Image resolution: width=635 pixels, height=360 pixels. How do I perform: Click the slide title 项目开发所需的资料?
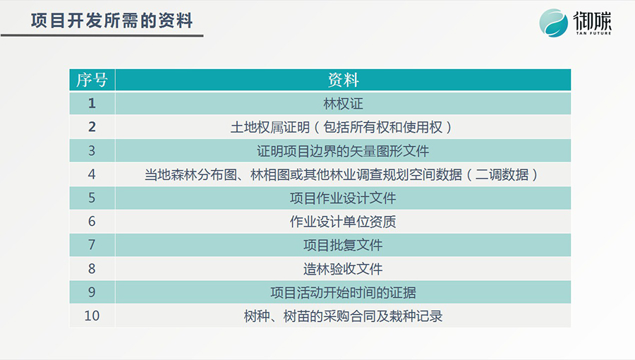(x=111, y=20)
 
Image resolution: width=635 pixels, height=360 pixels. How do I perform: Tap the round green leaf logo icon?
(x=553, y=23)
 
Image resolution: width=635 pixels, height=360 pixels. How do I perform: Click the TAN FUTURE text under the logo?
(x=593, y=33)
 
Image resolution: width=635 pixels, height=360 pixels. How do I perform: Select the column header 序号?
(x=92, y=80)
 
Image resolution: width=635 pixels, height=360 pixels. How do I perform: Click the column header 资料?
(x=343, y=80)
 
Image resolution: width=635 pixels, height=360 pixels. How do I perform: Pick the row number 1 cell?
(x=92, y=103)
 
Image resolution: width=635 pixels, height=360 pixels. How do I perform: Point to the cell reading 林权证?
(x=343, y=104)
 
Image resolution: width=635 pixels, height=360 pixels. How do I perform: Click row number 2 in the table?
(x=92, y=127)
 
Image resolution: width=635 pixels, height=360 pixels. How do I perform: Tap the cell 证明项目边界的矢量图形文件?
(x=343, y=151)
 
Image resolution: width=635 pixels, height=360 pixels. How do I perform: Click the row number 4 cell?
(x=92, y=174)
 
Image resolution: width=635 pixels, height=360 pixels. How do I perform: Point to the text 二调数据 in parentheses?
(x=502, y=174)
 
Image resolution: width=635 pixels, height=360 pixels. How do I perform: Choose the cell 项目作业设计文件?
(x=343, y=198)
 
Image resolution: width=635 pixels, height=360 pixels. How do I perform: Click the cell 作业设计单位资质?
(x=343, y=222)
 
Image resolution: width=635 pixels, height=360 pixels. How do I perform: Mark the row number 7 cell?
(x=92, y=245)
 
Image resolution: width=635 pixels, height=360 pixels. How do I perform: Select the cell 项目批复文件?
(x=343, y=245)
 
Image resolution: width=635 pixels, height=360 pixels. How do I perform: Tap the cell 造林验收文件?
(x=343, y=269)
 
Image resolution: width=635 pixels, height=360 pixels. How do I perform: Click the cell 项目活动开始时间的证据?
(x=343, y=292)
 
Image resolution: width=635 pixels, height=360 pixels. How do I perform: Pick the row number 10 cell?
(x=92, y=316)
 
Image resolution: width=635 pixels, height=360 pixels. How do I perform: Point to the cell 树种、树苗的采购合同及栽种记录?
(x=343, y=316)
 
